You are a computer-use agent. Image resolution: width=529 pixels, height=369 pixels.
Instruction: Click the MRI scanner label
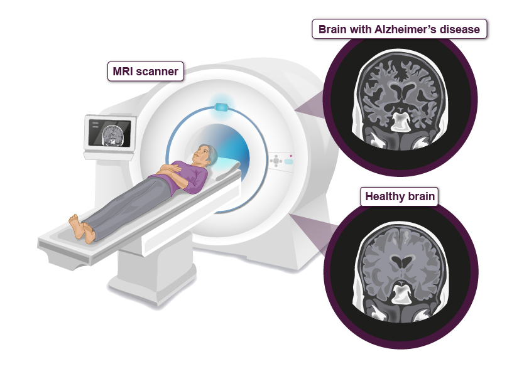pos(145,72)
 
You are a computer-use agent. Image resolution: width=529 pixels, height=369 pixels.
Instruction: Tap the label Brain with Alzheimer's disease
pos(400,29)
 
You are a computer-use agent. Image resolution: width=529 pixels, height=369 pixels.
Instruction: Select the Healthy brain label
pos(400,196)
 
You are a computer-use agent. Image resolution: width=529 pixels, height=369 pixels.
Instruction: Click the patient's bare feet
pos(82,228)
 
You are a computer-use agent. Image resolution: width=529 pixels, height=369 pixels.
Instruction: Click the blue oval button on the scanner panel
pos(288,161)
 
